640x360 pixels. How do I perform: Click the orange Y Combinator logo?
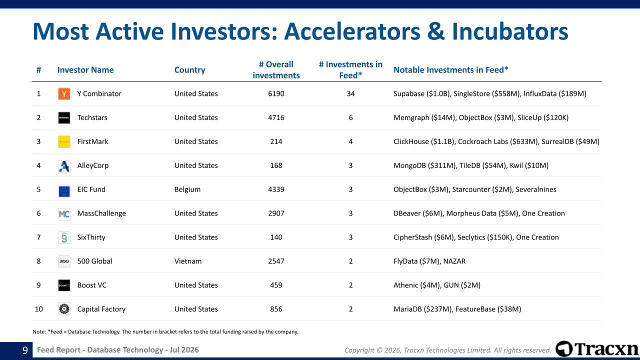64,93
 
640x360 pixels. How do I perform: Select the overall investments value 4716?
276,117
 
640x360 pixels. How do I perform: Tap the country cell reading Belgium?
187,189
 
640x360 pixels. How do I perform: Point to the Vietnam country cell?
188,261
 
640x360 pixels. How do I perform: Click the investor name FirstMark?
92,141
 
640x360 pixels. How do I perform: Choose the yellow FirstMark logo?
64,141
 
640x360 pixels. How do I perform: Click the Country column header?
189,70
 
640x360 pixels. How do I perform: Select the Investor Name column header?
85,70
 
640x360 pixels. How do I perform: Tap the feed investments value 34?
350,93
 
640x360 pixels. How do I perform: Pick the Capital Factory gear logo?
64,309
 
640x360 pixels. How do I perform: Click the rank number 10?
38,309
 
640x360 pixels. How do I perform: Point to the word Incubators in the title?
510,31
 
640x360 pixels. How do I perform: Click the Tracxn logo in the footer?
597,349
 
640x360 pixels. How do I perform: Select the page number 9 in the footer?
25,350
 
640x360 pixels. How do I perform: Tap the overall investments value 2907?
276,213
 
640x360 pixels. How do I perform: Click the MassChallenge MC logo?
64,213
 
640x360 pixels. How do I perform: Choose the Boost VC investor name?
91,285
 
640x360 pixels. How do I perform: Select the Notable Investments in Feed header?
451,70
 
